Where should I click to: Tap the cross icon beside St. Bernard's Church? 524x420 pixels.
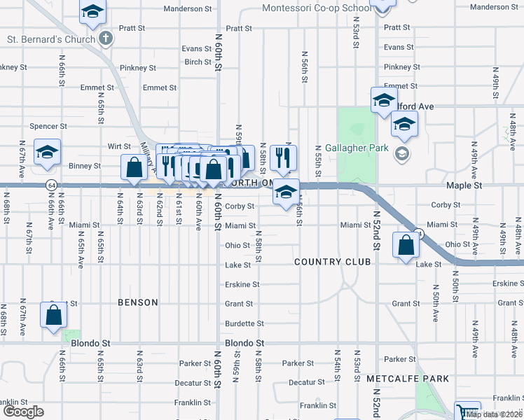(106, 38)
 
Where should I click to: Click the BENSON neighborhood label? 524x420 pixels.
(138, 302)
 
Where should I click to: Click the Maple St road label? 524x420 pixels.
(464, 186)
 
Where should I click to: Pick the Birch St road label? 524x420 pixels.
(198, 62)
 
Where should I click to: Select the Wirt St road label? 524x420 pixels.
(120, 147)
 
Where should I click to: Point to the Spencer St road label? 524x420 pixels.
(48, 127)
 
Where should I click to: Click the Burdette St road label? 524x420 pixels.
(244, 323)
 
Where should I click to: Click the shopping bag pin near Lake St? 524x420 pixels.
(406, 246)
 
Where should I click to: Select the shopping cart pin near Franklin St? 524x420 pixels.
(467, 411)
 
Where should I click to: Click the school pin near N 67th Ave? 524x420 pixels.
(47, 153)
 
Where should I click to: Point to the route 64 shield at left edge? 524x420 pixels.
(52, 185)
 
